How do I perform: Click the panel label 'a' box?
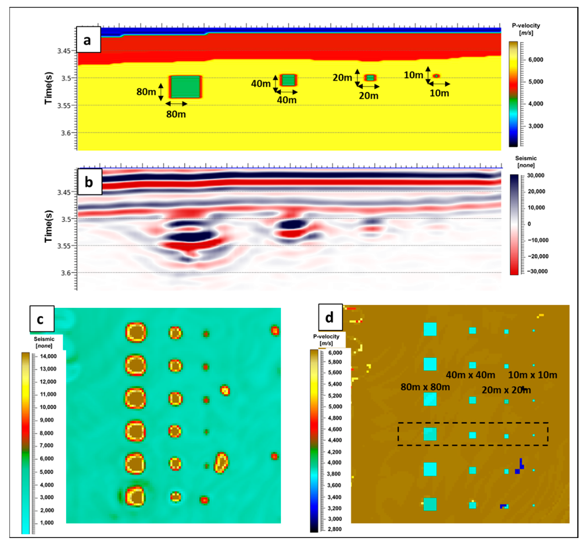click(88, 40)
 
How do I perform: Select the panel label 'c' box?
click(42, 319)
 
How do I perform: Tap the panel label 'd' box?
click(330, 317)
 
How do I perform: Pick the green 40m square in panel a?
click(288, 80)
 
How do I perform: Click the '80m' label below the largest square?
click(176, 114)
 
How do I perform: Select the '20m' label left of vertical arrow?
click(342, 78)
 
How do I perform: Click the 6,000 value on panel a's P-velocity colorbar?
click(536, 60)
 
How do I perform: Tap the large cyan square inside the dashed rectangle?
click(430, 434)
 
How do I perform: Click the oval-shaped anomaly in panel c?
click(221, 463)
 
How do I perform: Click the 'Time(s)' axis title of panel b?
click(49, 226)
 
